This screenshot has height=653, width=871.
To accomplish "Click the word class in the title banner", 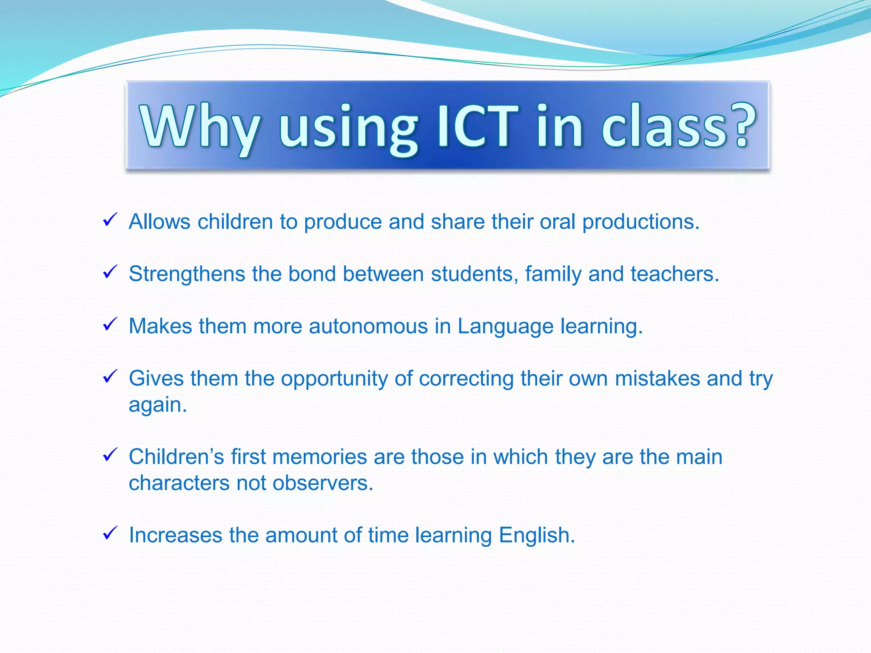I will coord(663,126).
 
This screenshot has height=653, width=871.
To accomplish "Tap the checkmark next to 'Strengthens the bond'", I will coord(110,272).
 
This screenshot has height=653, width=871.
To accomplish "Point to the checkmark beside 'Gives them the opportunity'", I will coord(110,377).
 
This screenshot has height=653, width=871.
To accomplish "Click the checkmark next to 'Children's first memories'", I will coord(110,455).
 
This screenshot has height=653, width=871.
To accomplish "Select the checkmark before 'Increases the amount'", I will coord(110,533).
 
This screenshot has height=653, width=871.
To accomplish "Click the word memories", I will coord(319,457).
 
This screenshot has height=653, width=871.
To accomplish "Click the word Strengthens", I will coord(187,275).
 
